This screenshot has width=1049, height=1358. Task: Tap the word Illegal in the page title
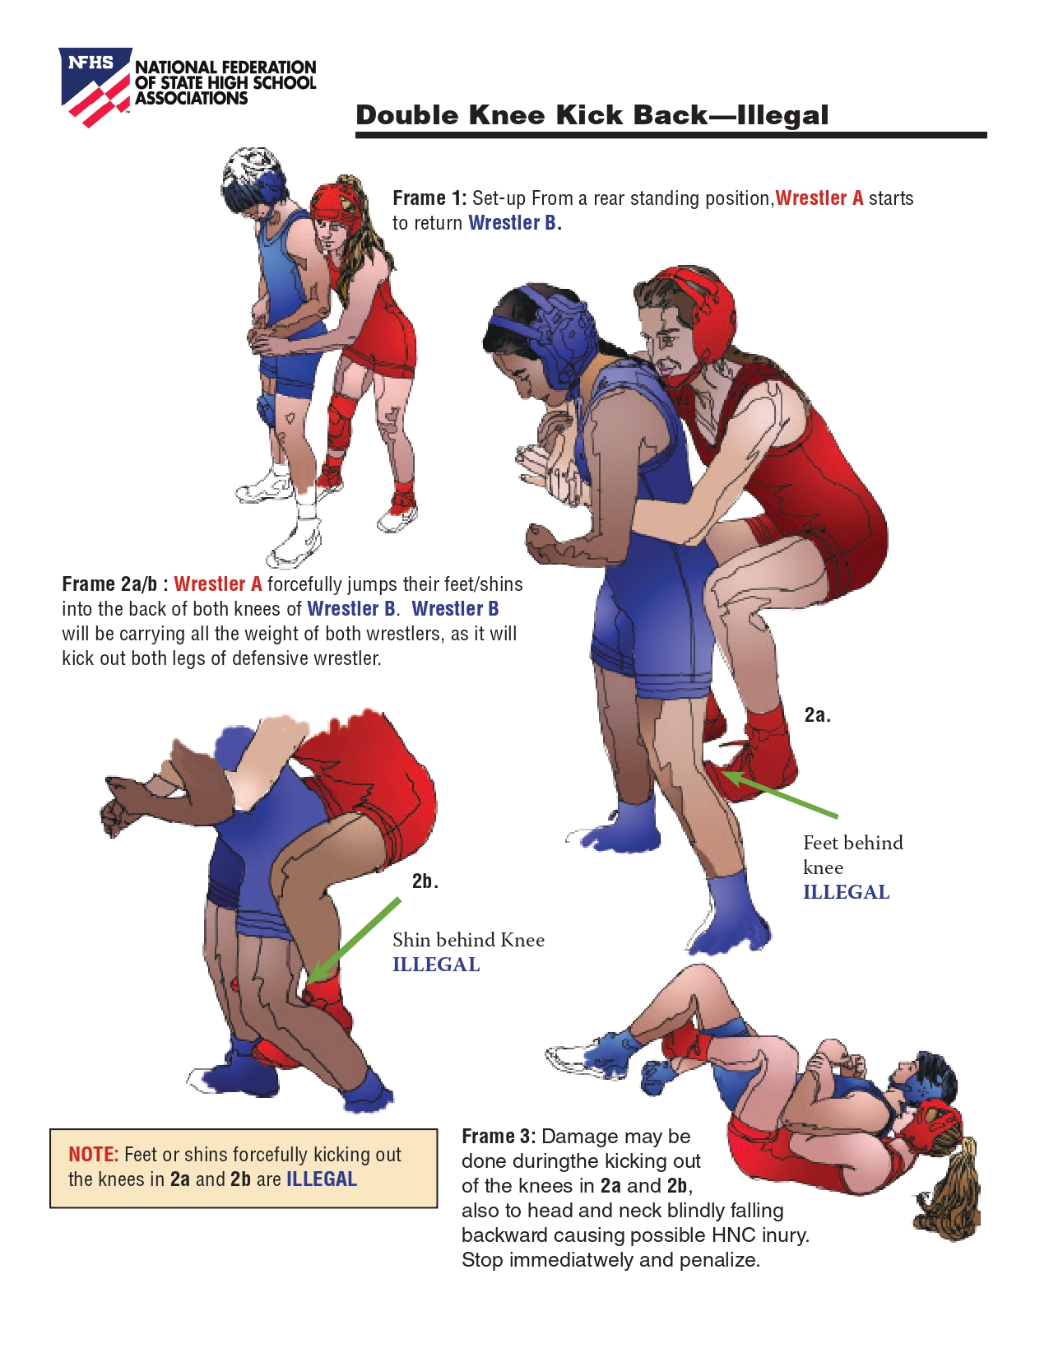(x=782, y=115)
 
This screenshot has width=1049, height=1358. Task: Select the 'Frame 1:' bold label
(x=429, y=198)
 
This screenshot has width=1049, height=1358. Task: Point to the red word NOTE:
(x=93, y=1154)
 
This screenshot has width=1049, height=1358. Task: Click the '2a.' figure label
(x=817, y=714)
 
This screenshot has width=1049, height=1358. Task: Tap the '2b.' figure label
(x=425, y=881)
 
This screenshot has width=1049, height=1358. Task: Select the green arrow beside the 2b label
(x=354, y=941)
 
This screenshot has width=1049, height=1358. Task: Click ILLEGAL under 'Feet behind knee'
(x=846, y=892)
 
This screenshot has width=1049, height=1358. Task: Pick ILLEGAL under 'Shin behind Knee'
(x=436, y=965)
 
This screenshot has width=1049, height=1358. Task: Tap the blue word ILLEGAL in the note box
(x=322, y=1179)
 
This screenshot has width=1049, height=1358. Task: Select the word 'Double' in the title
(x=407, y=115)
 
